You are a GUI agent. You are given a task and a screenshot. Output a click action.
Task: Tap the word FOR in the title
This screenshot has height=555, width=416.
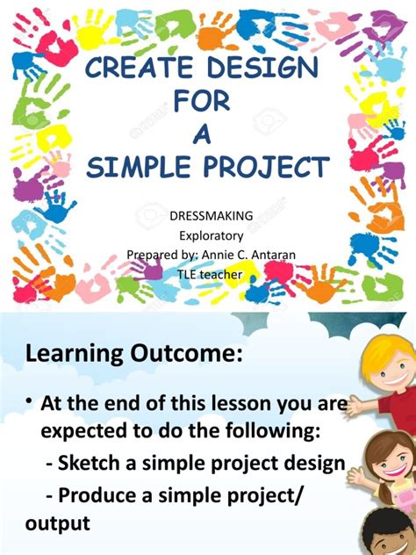pyautogui.click(x=202, y=104)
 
